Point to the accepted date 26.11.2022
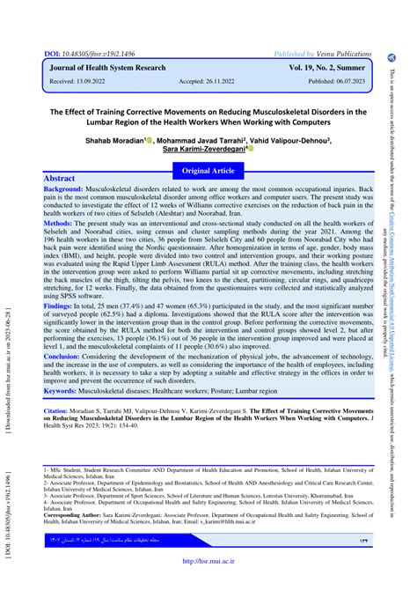coord(224,81)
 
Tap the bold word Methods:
coord(58,225)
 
